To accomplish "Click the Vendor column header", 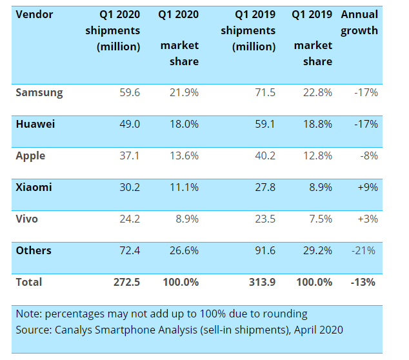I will click(35, 14).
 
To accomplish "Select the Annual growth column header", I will click(359, 23).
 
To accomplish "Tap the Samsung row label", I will click(39, 92).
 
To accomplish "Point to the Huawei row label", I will click(36, 124).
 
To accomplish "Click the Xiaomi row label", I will click(34, 187).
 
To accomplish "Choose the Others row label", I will click(34, 250).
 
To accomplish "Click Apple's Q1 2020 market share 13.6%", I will click(185, 155).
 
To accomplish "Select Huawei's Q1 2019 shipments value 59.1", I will click(264, 124).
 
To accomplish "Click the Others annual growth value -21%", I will click(364, 250).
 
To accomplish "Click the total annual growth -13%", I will click(363, 282).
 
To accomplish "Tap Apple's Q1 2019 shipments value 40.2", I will click(264, 155).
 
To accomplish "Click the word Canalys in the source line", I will click(76, 330).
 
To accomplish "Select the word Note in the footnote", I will click(30, 314).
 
